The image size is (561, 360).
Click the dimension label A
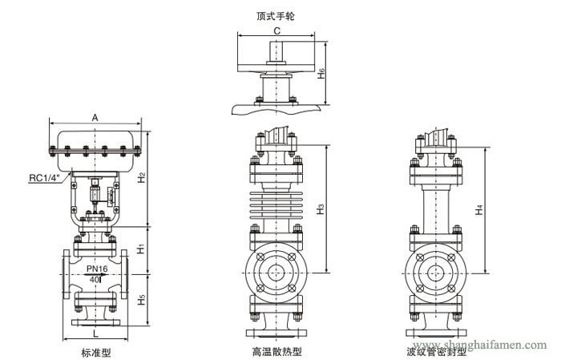click(95, 117)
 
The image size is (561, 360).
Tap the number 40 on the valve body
click(95, 279)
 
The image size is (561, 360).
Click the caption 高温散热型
click(276, 350)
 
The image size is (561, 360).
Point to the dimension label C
click(277, 31)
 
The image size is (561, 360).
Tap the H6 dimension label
click(321, 73)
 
